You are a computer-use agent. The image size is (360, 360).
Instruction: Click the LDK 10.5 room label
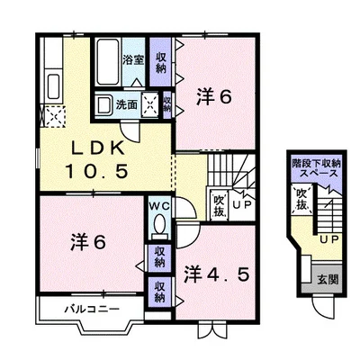pyautogui.click(x=97, y=160)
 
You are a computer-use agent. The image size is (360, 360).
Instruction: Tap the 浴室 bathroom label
pyautogui.click(x=133, y=59)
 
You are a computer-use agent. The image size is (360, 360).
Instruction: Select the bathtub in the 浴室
pyautogui.click(x=108, y=61)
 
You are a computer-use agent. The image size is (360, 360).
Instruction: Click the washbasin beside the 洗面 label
pyautogui.click(x=103, y=104)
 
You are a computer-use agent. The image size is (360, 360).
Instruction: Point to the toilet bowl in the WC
pyautogui.click(x=159, y=223)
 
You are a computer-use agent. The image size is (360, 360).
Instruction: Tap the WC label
pyautogui.click(x=159, y=206)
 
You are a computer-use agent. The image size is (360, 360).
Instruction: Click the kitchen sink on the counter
pyautogui.click(x=54, y=86)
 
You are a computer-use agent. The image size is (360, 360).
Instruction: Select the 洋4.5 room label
pyautogui.click(x=217, y=274)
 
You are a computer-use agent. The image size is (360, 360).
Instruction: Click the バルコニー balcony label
pyautogui.click(x=93, y=309)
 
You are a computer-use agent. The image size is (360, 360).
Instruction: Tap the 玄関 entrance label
pyautogui.click(x=328, y=280)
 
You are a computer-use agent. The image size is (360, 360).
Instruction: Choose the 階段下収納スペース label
pyautogui.click(x=316, y=168)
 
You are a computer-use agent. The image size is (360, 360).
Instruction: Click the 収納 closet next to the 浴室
pyautogui.click(x=161, y=62)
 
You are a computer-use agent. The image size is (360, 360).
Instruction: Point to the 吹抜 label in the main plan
pyautogui.click(x=220, y=206)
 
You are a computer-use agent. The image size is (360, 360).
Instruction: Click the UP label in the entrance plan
pyautogui.click(x=329, y=239)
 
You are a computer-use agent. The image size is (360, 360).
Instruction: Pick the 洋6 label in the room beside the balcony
pyautogui.click(x=88, y=242)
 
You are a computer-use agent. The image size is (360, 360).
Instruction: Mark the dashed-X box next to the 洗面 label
pyautogui.click(x=149, y=104)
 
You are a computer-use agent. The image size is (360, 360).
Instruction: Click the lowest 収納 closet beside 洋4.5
pyautogui.click(x=160, y=292)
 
